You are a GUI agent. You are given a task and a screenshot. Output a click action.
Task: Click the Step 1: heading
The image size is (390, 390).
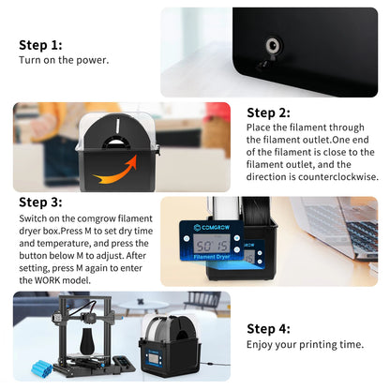pos(40,45)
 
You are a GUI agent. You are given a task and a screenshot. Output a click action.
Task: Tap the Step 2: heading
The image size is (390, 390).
pos(268,112)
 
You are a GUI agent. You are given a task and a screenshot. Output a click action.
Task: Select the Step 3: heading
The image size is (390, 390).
pos(40,202)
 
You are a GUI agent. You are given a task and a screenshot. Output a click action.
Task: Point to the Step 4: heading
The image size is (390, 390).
pos(268,329)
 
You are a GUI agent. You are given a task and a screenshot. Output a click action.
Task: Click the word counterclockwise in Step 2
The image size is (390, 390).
pos(338,177)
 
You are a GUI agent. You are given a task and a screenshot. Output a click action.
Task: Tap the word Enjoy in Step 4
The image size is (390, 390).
pos(259,345)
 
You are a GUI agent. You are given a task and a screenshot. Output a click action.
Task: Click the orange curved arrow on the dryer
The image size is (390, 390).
pos(115,169)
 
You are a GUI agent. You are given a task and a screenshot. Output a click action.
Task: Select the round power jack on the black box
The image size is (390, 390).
pos(274,46)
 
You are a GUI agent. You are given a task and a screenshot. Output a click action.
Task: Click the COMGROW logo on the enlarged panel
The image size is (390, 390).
pos(212,227)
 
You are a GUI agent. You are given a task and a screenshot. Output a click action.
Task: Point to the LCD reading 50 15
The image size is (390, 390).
pos(212,245)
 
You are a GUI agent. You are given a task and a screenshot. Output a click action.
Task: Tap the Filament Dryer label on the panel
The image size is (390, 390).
pos(212,257)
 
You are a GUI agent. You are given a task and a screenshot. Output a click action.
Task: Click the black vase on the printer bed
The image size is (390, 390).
pos(87,341)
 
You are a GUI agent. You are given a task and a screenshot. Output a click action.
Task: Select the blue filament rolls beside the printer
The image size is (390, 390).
pos(41,368)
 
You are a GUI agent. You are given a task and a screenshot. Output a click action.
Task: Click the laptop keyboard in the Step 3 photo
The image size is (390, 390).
pos(359,232)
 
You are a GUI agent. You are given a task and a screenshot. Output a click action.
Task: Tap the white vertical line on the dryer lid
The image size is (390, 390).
pos(118,126)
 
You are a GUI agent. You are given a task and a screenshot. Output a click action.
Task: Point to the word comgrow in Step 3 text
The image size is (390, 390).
pos(97,218)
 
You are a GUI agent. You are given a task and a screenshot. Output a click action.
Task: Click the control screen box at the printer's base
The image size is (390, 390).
pos(124,364)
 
